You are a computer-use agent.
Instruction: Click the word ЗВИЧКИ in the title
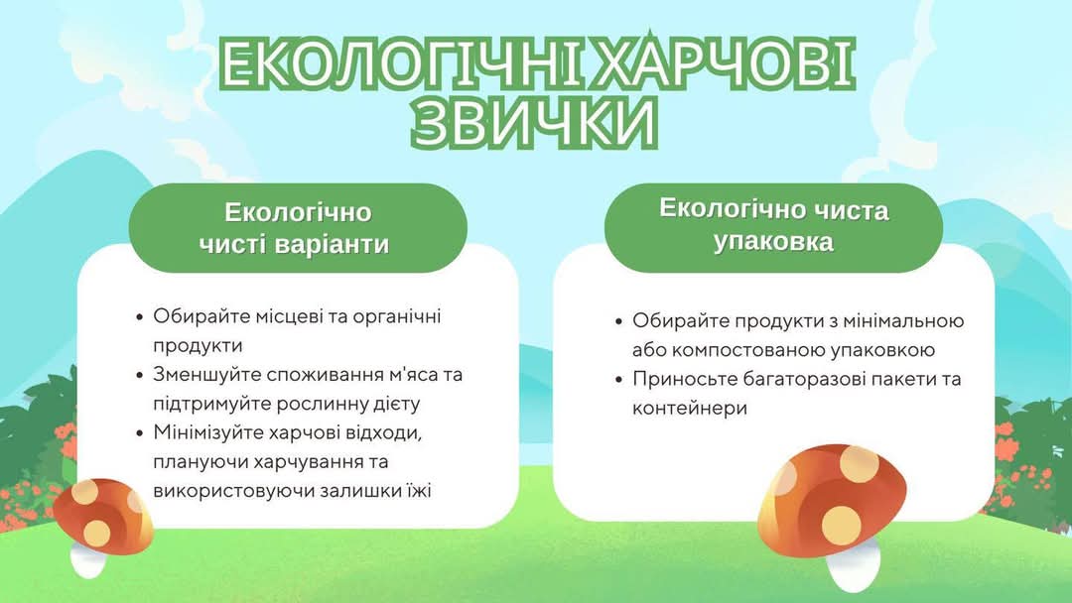click(x=535, y=122)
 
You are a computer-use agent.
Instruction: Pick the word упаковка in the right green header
click(x=773, y=242)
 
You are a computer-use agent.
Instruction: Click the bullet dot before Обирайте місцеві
click(x=140, y=316)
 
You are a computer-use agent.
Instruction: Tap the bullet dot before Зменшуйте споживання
click(x=140, y=375)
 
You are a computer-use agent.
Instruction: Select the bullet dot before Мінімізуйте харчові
click(x=140, y=433)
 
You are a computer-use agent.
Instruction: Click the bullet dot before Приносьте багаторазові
click(x=619, y=379)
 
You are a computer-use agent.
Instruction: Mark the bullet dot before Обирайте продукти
click(x=619, y=321)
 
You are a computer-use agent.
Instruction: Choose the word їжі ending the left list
click(x=419, y=490)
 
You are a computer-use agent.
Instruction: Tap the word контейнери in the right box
click(x=689, y=409)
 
